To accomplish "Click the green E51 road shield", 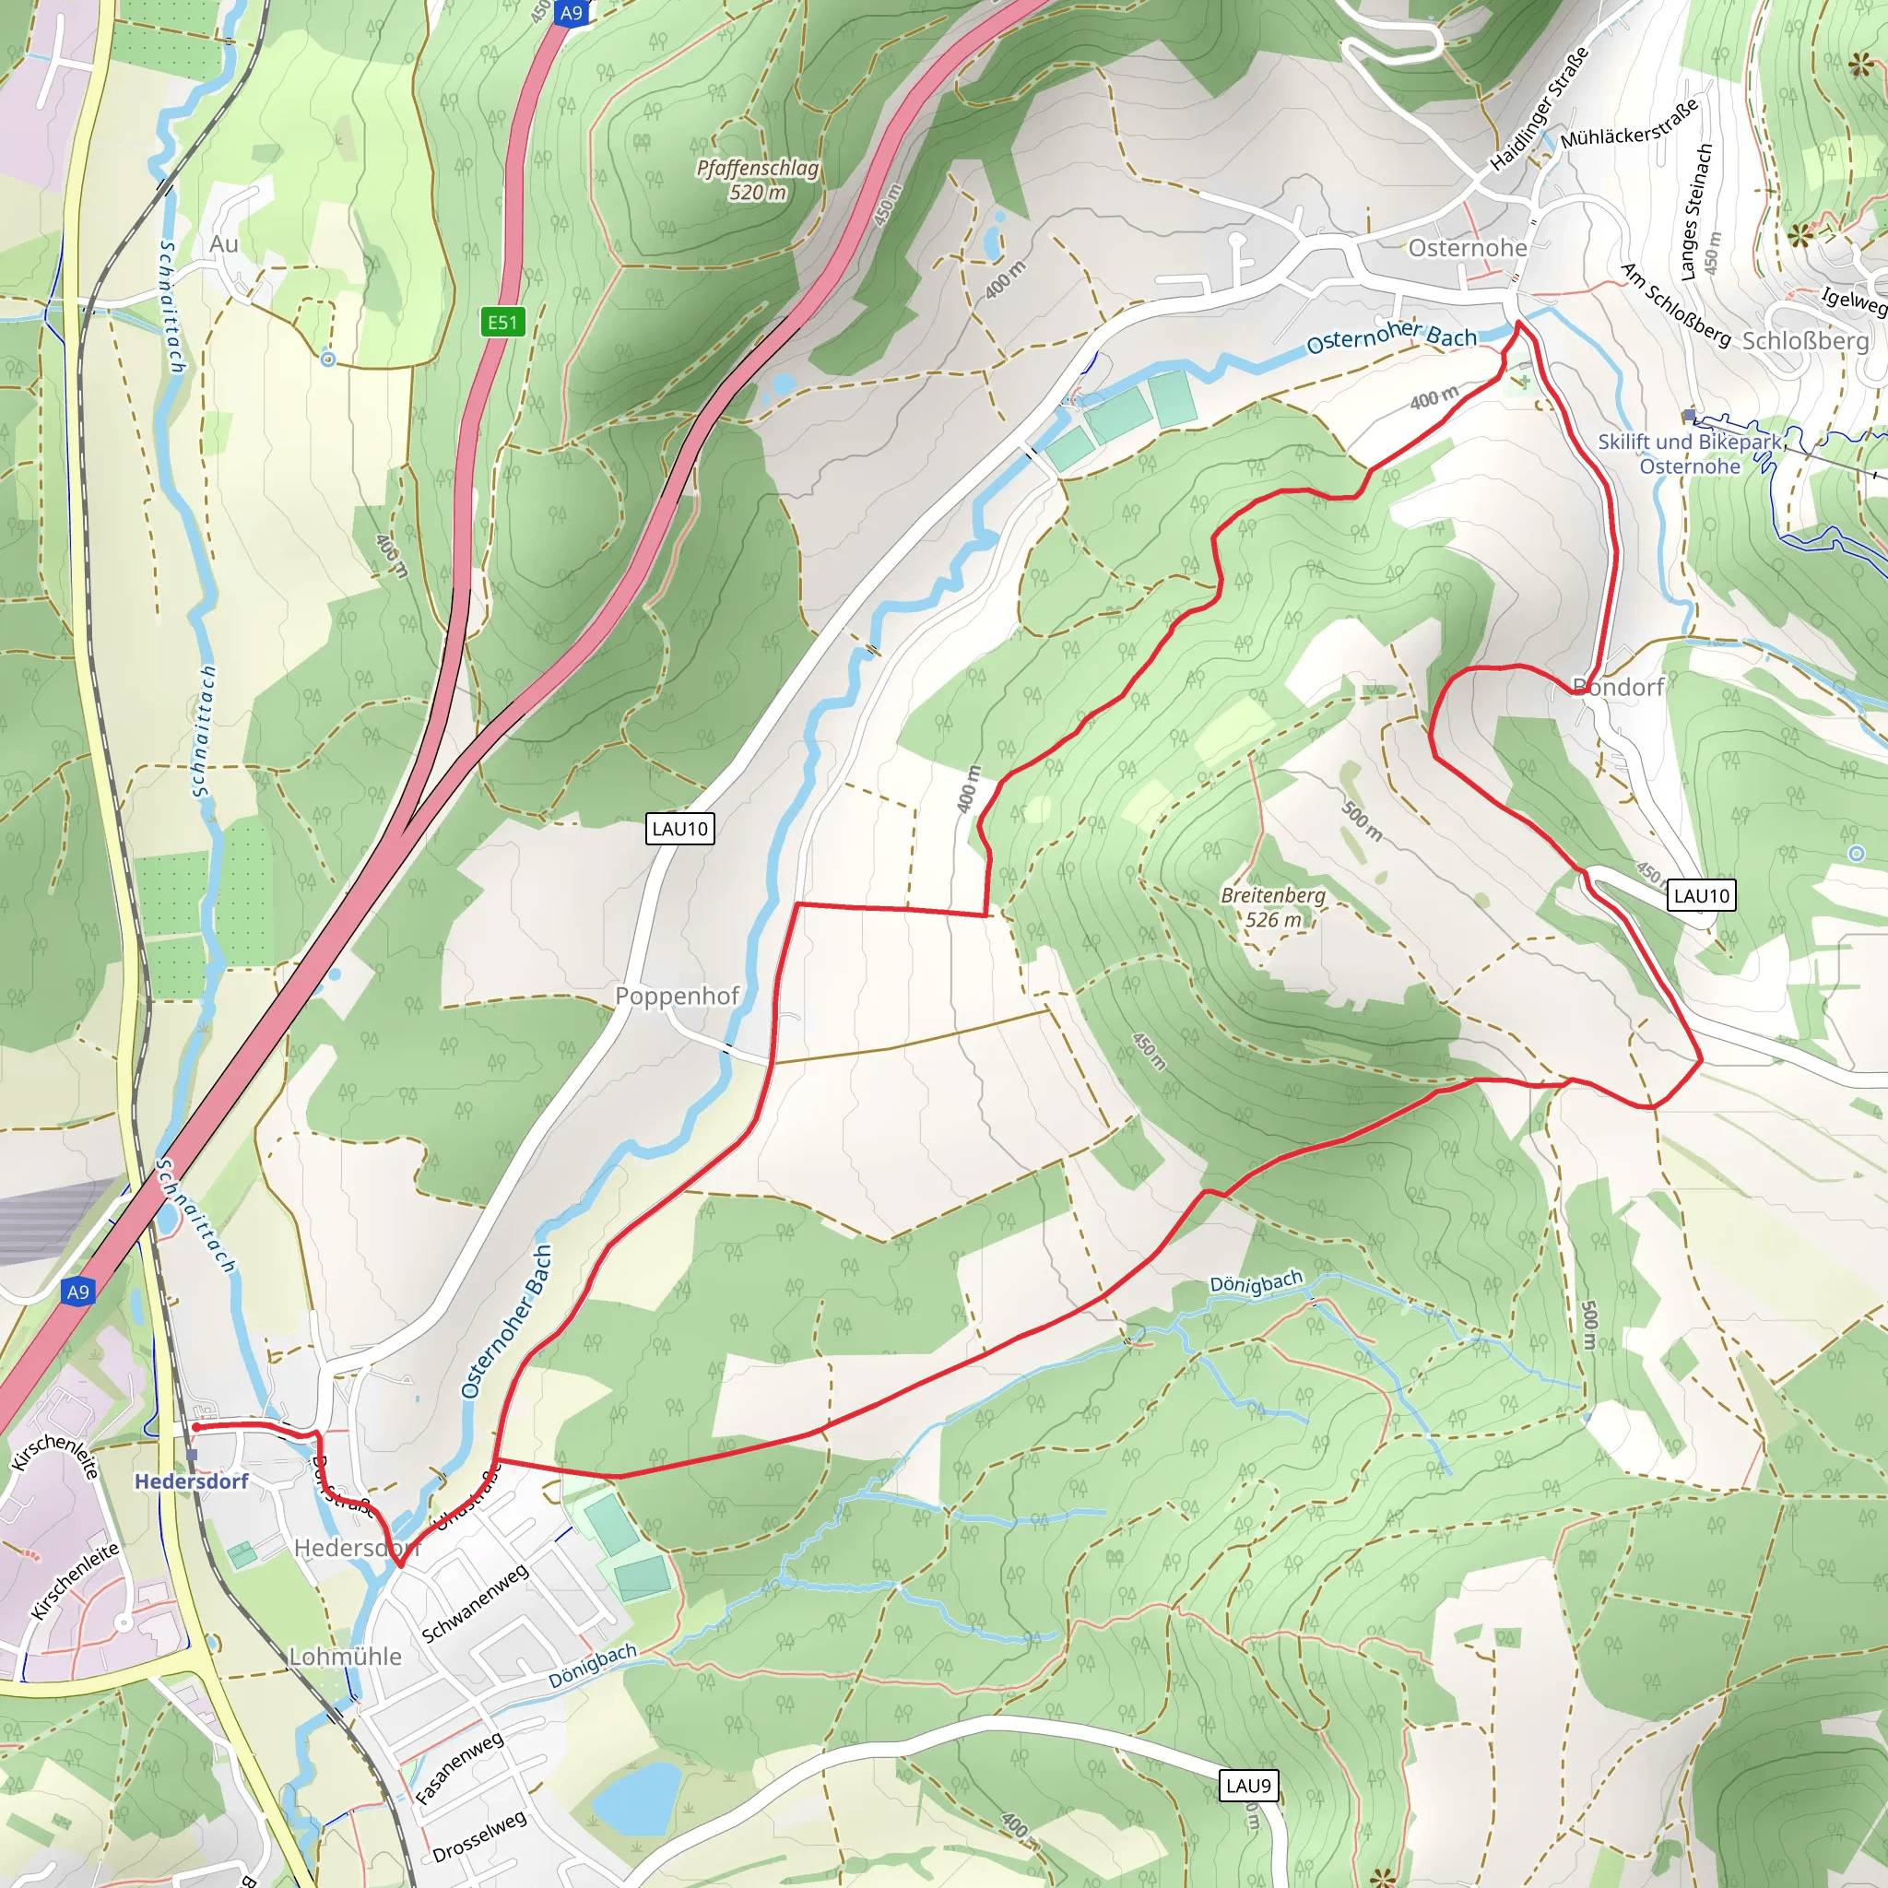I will [502, 322].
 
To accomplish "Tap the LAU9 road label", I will [1248, 1786].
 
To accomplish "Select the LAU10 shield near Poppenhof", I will [680, 829].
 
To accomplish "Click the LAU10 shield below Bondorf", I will [1702, 895].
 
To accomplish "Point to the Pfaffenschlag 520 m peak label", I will [758, 180].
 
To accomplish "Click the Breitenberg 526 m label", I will [1273, 907].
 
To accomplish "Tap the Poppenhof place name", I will [677, 996].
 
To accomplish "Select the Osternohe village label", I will [1467, 248].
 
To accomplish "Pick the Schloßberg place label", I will [1805, 341].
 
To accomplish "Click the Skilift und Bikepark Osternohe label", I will [1690, 454].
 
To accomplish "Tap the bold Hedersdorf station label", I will [192, 1481].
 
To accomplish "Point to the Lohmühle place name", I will [345, 1657].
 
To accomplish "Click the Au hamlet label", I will [224, 244].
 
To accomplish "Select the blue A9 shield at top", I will [572, 13].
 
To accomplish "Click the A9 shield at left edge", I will [77, 1292].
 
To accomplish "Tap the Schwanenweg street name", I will [475, 1602].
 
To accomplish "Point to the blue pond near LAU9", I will [636, 1797].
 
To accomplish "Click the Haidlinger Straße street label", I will [1540, 110].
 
